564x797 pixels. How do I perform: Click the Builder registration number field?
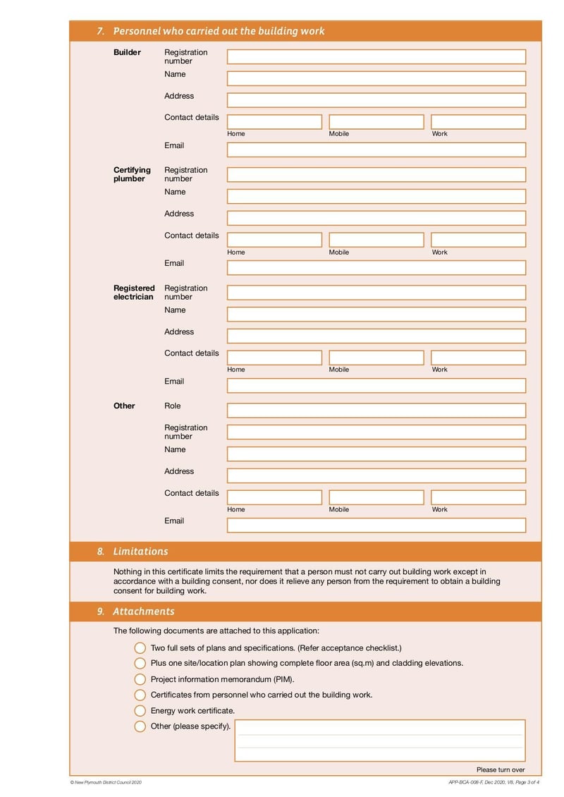[x=376, y=57]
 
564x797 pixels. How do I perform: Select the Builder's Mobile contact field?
[x=376, y=122]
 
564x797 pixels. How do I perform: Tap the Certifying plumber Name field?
[x=376, y=196]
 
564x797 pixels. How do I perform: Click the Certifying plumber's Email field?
[x=376, y=268]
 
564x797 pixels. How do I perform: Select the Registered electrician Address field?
[x=376, y=336]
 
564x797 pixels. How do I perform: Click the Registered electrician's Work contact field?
[x=478, y=358]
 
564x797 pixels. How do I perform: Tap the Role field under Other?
[x=376, y=410]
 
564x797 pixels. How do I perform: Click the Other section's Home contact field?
[x=274, y=497]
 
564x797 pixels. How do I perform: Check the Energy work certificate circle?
[x=140, y=711]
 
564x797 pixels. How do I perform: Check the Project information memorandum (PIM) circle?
[x=140, y=679]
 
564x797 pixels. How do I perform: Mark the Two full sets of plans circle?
[x=140, y=648]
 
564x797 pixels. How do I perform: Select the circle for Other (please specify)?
[x=140, y=726]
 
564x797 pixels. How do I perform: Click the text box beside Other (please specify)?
[x=380, y=740]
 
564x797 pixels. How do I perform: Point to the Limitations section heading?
[x=140, y=552]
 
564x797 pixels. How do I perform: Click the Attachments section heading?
[x=143, y=612]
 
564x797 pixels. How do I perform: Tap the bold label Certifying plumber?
[x=132, y=174]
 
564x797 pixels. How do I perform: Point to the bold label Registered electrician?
[x=134, y=292]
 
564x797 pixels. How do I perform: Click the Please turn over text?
[x=500, y=769]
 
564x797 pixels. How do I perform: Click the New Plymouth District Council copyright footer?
[x=106, y=782]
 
